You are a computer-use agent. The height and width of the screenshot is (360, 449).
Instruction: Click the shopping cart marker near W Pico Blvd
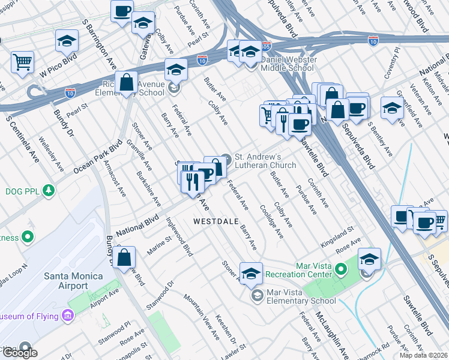point(22,62)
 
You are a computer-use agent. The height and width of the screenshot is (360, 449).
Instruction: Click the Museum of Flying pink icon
point(67,316)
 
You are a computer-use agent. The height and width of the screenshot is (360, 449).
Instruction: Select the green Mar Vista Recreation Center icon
point(342,268)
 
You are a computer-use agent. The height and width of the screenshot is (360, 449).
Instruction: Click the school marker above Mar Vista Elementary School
point(251,273)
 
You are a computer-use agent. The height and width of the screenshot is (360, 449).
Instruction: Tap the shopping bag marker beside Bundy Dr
point(124,258)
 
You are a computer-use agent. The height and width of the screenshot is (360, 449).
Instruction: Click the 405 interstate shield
point(267,46)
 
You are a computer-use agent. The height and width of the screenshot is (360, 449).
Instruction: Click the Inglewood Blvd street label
point(182,239)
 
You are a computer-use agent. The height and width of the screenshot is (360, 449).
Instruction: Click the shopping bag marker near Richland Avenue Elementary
point(127,83)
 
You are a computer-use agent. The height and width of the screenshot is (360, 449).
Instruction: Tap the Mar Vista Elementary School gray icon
point(258,295)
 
